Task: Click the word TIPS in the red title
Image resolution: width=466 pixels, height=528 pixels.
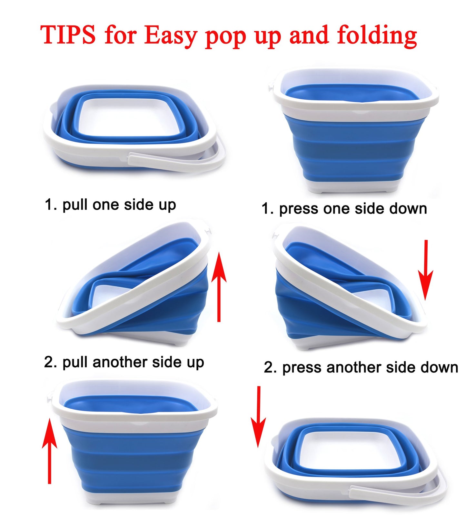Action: [68, 35]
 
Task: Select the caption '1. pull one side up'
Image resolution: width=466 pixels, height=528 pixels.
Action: [110, 205]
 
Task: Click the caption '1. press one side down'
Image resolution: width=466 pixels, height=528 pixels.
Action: [344, 209]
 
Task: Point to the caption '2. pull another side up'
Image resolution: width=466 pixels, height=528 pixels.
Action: [124, 363]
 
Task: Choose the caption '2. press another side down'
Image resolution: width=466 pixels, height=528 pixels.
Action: [361, 367]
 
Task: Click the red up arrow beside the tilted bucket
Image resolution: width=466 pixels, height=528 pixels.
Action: [219, 287]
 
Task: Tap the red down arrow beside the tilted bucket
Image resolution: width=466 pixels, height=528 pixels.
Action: [426, 270]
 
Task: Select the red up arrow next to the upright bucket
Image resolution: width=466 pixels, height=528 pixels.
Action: [49, 451]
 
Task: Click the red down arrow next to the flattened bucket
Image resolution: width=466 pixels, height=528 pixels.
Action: [258, 417]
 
